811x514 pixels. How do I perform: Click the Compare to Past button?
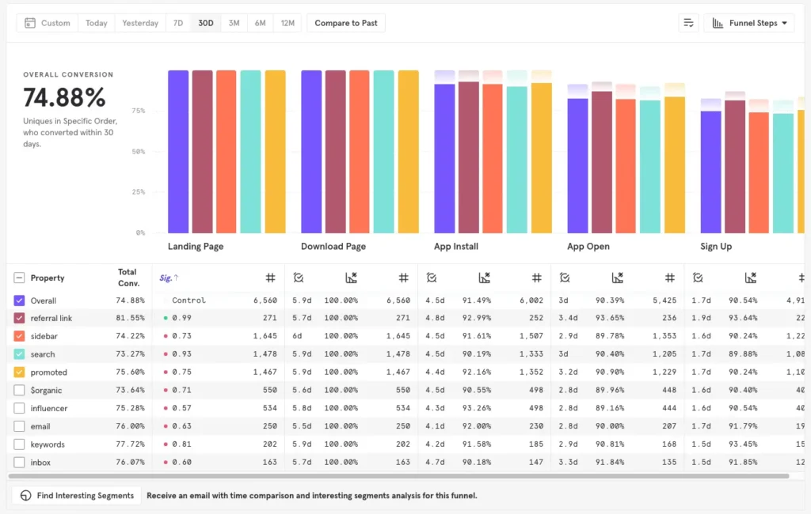click(346, 23)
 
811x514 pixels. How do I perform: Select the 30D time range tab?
click(206, 23)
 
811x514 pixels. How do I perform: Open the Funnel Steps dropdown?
click(749, 23)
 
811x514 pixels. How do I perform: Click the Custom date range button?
click(48, 23)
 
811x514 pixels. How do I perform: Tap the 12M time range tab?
click(287, 23)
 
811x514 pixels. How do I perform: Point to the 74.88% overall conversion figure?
click(64, 97)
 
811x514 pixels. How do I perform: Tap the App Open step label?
click(588, 247)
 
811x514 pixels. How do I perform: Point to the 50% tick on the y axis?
click(139, 152)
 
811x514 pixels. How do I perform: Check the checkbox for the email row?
click(20, 426)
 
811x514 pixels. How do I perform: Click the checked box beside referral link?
click(20, 318)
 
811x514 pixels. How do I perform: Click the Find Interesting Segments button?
click(77, 496)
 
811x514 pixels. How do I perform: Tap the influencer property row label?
click(49, 408)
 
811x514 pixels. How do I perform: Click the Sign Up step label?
click(716, 247)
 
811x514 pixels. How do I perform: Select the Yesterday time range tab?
click(140, 23)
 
